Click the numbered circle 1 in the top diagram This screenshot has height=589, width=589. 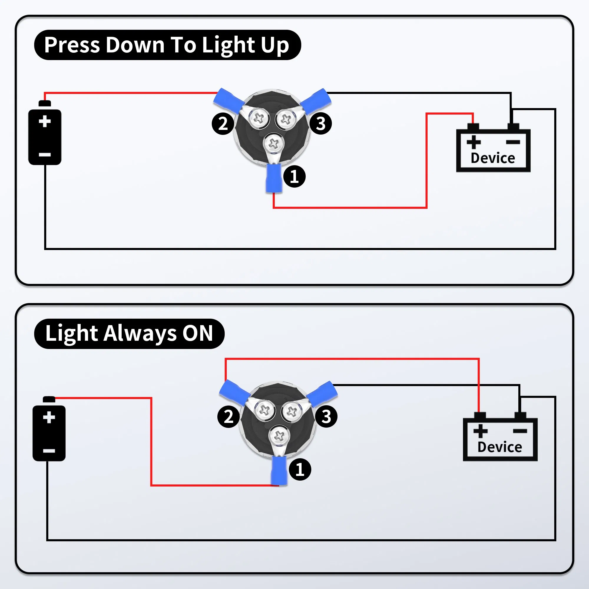coord(294,176)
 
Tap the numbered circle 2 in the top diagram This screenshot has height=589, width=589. coord(223,123)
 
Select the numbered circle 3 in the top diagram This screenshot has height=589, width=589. coord(321,123)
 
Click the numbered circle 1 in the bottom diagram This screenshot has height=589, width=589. coord(300,469)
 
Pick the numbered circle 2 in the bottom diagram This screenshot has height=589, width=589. coord(228,416)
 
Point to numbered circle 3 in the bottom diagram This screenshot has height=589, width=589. coord(326,416)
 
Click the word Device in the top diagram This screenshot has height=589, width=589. coord(493,158)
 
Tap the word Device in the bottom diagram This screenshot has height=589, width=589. coord(500,447)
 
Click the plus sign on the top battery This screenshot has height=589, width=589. coord(45,121)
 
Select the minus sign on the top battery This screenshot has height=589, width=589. coord(45,155)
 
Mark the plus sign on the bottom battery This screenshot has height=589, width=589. coord(49,417)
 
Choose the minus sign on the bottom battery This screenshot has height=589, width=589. coord(49,451)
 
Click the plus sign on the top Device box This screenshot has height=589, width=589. coord(474,142)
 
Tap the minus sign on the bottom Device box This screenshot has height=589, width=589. coord(520,431)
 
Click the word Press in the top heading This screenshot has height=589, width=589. coord(72,45)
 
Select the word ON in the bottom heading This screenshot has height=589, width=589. coord(197,333)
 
